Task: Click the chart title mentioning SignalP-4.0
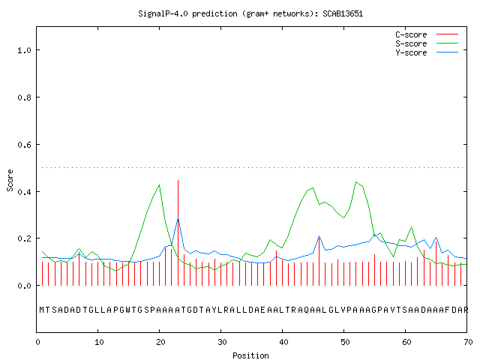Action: coord(250,13)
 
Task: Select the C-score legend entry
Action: coord(427,34)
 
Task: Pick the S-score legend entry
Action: coord(427,43)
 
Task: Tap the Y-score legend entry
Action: coord(427,52)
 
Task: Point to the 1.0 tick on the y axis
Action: coord(24,50)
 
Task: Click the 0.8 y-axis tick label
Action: coord(24,97)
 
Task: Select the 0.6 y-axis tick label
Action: coord(24,145)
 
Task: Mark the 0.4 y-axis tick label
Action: coord(24,192)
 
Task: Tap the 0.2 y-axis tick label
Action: coord(24,238)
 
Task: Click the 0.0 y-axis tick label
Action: coord(24,286)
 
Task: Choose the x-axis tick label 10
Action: coord(99,342)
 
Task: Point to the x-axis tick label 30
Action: coord(222,342)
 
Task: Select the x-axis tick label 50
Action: coord(345,342)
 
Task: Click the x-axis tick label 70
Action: coord(468,342)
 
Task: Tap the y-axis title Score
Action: coord(10,180)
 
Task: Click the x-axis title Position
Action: coord(250,355)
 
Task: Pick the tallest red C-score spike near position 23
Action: coord(178,232)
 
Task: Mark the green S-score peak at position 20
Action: coord(159,185)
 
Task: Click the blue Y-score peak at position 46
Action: coord(319,236)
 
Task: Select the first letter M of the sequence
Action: coord(42,310)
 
